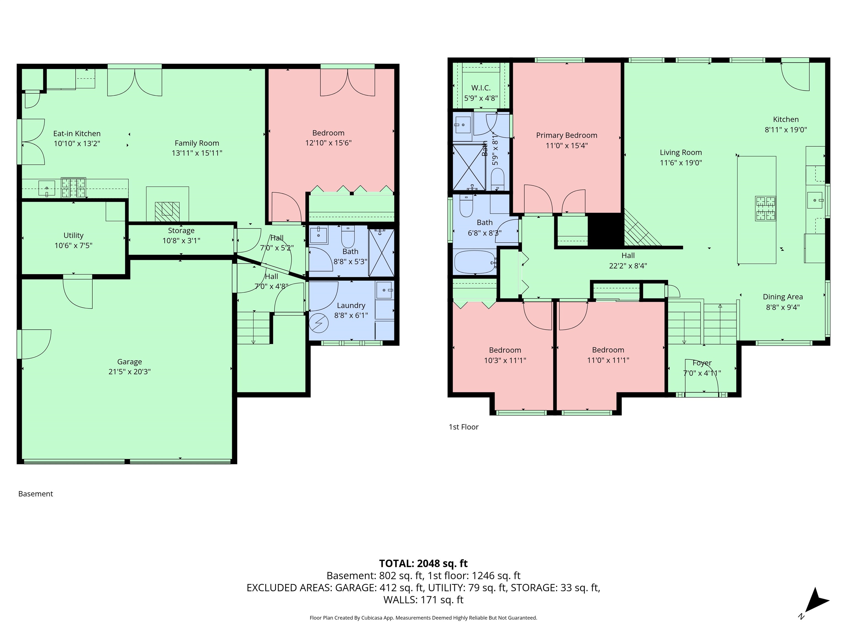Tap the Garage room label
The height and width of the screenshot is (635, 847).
[129, 362]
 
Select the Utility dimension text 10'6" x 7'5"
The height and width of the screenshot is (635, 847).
[73, 245]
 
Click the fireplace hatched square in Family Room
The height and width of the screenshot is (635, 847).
[167, 209]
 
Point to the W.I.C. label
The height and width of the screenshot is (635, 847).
[481, 88]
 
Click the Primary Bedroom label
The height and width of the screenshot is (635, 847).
[566, 135]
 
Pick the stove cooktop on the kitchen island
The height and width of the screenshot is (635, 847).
[765, 209]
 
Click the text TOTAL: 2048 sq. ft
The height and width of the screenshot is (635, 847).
[423, 563]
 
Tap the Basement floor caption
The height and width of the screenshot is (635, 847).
[36, 494]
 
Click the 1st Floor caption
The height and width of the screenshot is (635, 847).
[463, 427]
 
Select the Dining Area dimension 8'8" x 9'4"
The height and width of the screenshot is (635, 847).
[783, 307]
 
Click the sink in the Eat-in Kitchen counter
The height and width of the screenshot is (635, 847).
[47, 188]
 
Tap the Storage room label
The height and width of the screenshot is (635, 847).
[181, 230]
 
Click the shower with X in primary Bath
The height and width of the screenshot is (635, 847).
[469, 167]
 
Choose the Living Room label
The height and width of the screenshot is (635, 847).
[680, 152]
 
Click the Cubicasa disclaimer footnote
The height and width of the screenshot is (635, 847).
[423, 617]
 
